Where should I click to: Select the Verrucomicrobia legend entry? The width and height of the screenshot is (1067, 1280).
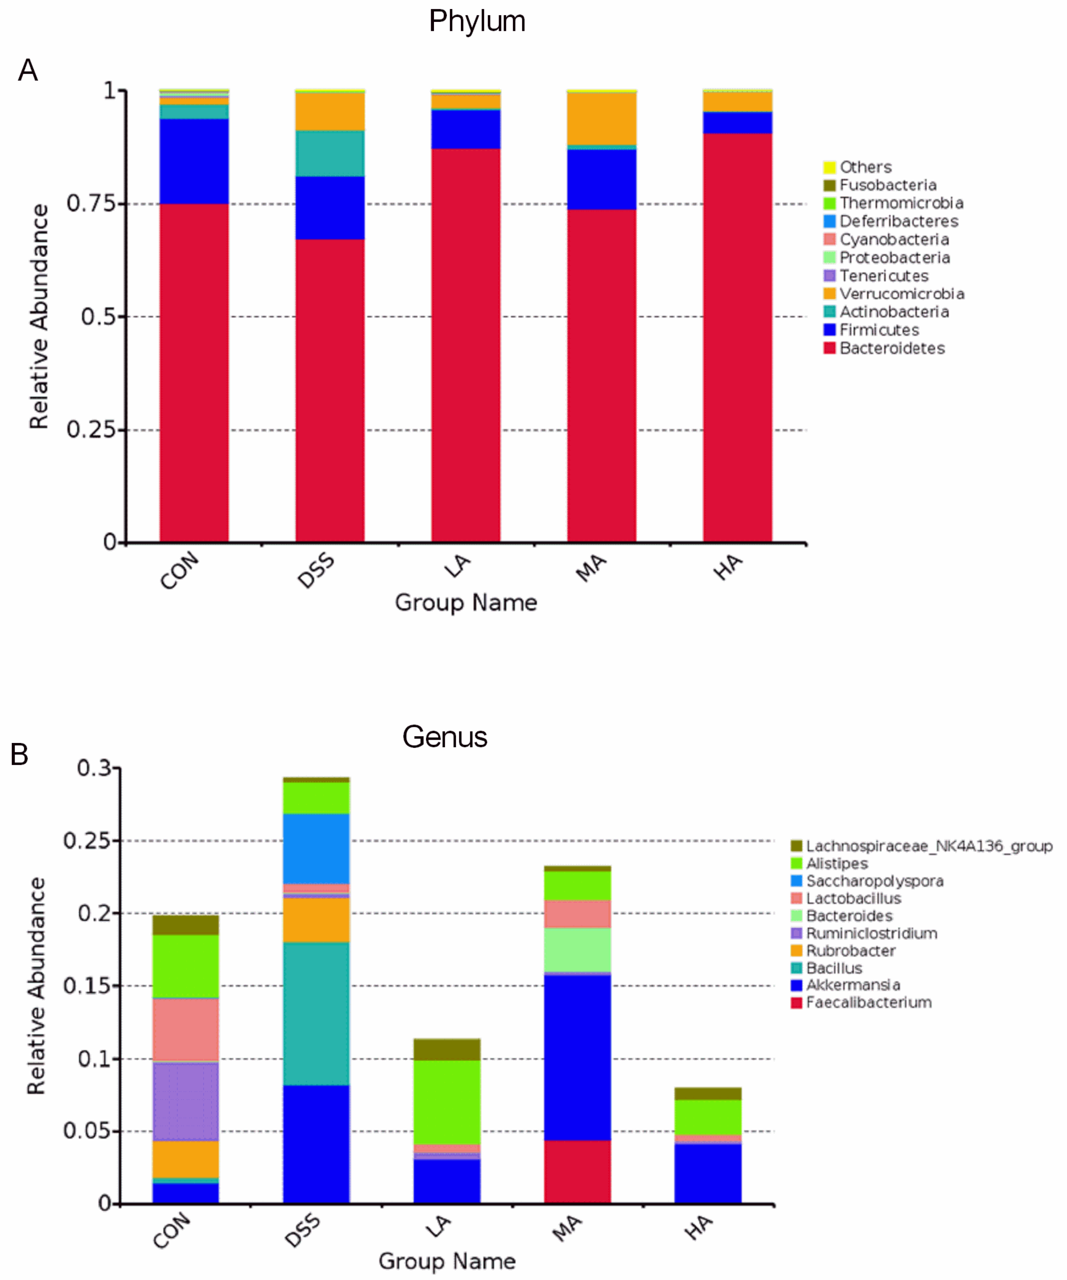[901, 294]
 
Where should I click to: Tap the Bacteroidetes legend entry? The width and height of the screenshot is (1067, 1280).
[892, 348]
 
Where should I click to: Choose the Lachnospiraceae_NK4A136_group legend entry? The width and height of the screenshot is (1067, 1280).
[929, 846]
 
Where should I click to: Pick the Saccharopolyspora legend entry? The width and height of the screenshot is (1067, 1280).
[874, 881]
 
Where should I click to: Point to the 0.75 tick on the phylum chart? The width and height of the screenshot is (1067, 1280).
[91, 203]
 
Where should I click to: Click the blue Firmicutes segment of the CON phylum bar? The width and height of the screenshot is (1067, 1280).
[194, 161]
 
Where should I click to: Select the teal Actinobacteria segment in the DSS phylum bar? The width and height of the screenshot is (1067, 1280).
[330, 153]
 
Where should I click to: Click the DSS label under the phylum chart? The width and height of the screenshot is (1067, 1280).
[316, 570]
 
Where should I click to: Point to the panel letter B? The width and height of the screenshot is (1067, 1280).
[19, 754]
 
